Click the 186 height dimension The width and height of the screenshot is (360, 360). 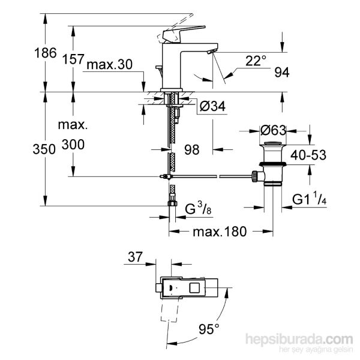[x=24, y=53]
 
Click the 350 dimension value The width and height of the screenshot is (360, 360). [x=24, y=148]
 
